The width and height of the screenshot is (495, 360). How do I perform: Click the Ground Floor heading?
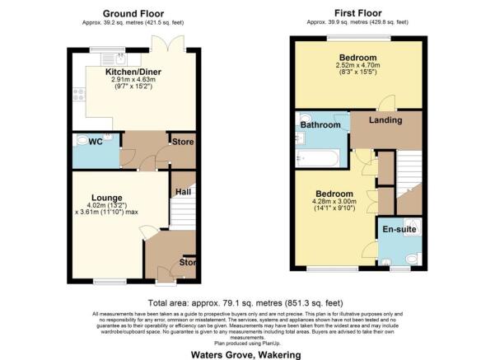point(133,13)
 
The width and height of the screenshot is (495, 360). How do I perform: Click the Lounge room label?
point(108,198)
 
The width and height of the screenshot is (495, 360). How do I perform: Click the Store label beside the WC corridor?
point(182,142)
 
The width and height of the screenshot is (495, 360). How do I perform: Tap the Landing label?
point(385,120)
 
